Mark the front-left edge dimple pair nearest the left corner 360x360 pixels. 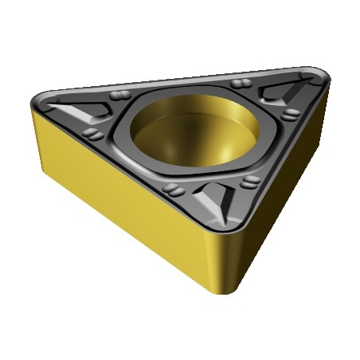tap(93, 133)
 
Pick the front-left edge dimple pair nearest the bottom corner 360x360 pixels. tap(171, 189)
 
